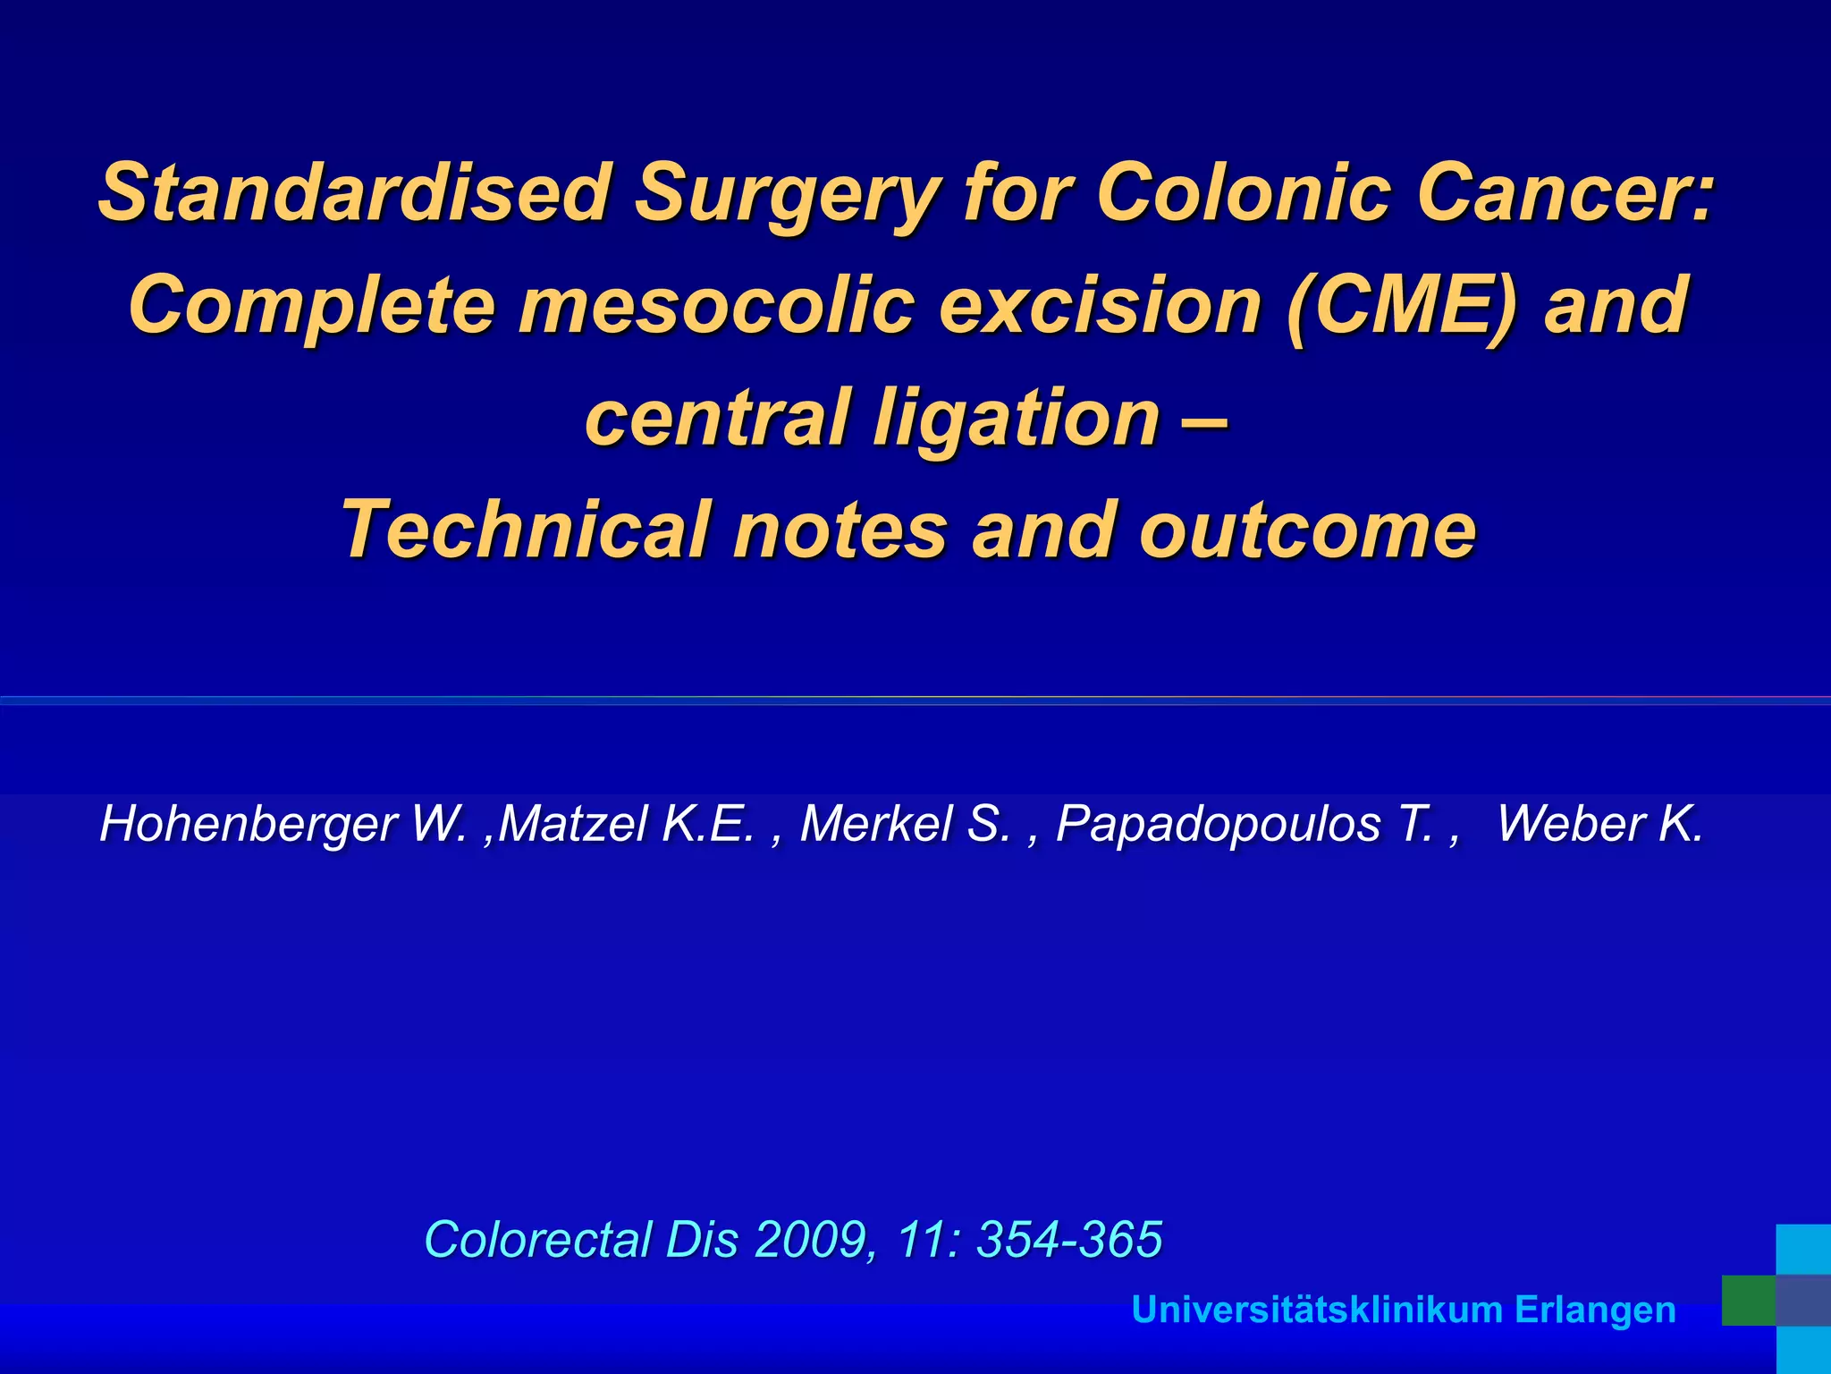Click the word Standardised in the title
(354, 191)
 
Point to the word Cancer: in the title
(1565, 191)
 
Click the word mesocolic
(717, 305)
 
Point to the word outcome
(1308, 530)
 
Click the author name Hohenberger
(249, 824)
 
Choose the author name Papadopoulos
(1218, 824)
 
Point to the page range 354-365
(1069, 1240)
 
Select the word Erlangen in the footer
(1595, 1310)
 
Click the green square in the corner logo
(1749, 1301)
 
